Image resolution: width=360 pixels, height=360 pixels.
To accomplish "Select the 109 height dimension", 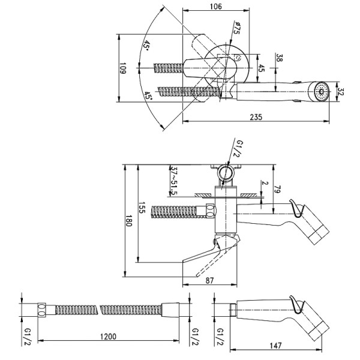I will pyautogui.click(x=121, y=70).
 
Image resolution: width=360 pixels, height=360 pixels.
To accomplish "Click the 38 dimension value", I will pyautogui.click(x=280, y=58).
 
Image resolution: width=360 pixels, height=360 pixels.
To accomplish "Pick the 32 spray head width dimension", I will pyautogui.click(x=340, y=93).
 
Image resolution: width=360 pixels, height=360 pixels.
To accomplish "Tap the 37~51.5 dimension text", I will pyautogui.click(x=174, y=178).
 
